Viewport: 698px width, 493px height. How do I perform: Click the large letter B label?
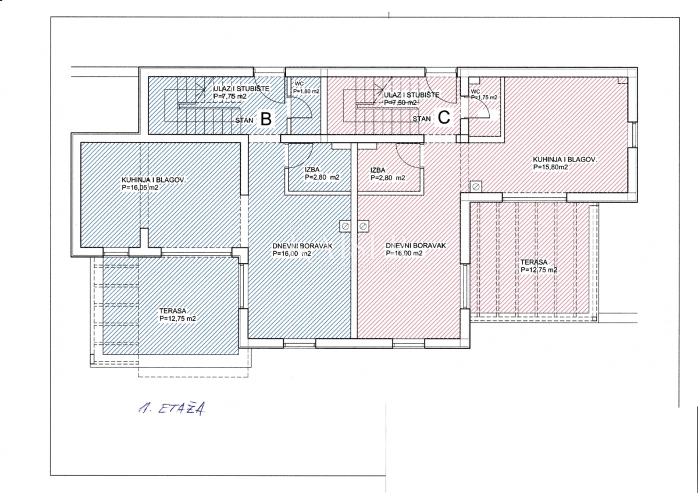point(265,119)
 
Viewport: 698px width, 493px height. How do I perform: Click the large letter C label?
point(443,118)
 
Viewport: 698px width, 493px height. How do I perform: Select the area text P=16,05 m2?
point(140,188)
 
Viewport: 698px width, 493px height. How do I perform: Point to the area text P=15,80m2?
point(550,167)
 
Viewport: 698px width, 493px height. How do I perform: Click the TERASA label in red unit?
point(533,262)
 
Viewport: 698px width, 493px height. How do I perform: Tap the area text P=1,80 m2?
point(306,91)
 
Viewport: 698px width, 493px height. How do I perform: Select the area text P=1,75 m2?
point(483,98)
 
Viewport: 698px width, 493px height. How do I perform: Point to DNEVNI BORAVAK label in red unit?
point(415,246)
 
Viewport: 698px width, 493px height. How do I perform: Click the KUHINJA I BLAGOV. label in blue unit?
point(154,180)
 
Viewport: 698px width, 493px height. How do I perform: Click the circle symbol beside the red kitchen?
point(476,187)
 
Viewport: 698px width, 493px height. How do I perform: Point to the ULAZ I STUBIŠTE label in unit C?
point(412,94)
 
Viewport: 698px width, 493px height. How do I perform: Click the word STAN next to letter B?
point(244,120)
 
